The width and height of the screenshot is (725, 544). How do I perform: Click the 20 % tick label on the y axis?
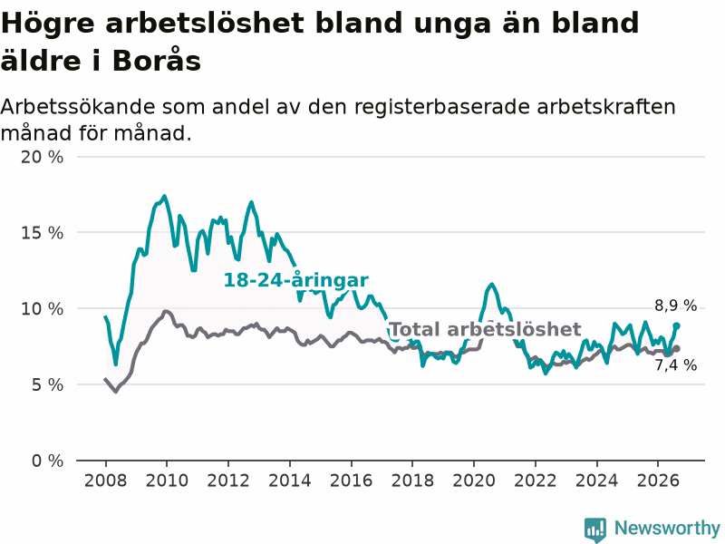(x=42, y=157)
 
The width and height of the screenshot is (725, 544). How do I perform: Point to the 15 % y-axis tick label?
(x=42, y=233)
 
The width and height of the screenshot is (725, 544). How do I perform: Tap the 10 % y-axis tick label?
(x=42, y=308)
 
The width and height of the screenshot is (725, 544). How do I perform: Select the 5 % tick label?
(x=47, y=384)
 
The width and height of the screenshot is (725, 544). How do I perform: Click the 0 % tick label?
(x=47, y=461)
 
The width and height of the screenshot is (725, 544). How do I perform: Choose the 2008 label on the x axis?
(x=105, y=481)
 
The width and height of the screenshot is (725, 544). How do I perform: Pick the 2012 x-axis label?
(x=228, y=481)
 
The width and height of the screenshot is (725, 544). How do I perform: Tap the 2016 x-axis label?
(x=351, y=481)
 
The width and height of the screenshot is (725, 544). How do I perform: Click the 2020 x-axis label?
(x=474, y=481)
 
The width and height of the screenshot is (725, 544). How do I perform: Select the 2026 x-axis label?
(x=658, y=481)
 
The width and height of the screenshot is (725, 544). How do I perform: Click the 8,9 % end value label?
(x=675, y=306)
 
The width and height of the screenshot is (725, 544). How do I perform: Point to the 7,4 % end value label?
(x=675, y=365)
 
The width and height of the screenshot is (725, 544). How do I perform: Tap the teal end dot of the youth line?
(x=676, y=326)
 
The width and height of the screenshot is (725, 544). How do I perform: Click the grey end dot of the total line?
(x=676, y=348)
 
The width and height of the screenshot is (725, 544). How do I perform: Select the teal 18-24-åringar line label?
(x=296, y=280)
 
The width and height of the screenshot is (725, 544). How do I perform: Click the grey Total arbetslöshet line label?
(x=486, y=329)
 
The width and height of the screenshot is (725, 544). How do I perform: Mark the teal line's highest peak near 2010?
(x=164, y=196)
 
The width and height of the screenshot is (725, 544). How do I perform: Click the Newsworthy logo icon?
(x=595, y=529)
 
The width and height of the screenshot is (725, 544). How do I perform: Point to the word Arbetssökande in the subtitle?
(x=78, y=107)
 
